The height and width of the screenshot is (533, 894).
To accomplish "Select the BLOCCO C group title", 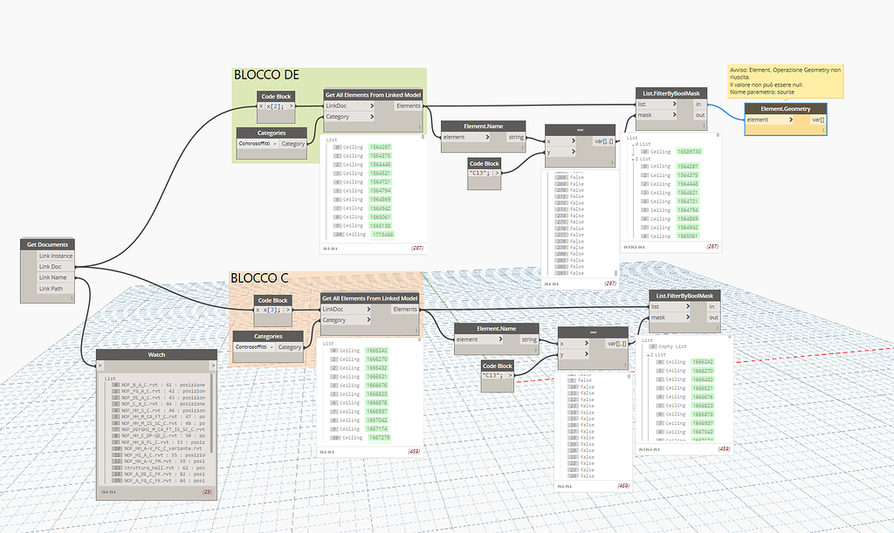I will click(258, 278).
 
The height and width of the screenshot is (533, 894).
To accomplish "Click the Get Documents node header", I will click(47, 244).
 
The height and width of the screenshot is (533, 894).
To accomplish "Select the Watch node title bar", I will click(156, 354).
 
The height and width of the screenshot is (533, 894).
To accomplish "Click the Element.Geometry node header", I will click(785, 109).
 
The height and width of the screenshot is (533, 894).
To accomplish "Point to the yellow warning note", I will click(785, 80).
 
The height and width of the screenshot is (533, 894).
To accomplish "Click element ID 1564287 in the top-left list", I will click(380, 147).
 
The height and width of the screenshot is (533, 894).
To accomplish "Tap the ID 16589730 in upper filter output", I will click(688, 151).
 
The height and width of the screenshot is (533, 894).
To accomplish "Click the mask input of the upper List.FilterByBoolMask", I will click(648, 115).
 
